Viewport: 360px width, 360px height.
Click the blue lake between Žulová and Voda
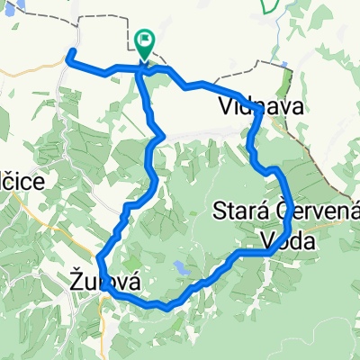182,267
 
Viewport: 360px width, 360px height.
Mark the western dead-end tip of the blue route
69,59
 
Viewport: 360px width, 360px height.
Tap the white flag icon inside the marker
145,40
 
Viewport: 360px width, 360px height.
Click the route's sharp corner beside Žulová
99,262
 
